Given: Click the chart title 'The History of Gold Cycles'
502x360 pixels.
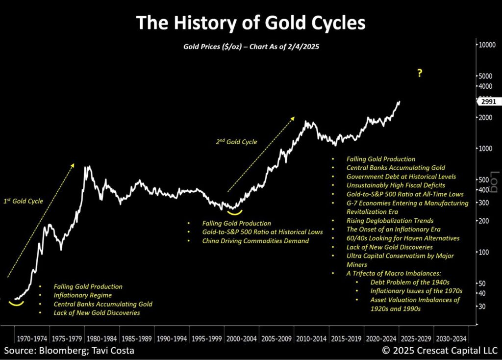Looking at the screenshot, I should tap(250, 23).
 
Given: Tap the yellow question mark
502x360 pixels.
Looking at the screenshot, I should tap(420, 74).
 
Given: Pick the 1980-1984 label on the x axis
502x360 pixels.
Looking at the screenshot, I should tap(102, 339).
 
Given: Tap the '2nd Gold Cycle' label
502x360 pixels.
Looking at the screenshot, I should tap(236, 142).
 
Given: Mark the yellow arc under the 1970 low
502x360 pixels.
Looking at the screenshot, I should tap(16, 304).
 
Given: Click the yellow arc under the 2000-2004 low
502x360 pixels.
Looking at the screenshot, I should tap(234, 212).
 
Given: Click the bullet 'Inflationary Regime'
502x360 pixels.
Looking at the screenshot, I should tap(83, 295).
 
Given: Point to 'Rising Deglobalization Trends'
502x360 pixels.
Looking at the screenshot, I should tap(390, 221).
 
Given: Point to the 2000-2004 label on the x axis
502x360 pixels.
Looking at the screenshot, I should tap(242, 339).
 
